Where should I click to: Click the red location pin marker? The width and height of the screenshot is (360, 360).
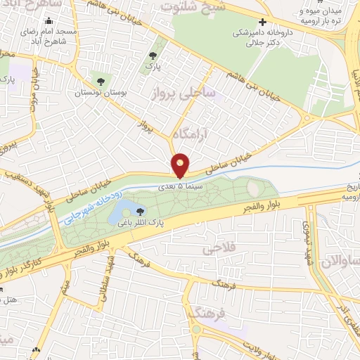181,165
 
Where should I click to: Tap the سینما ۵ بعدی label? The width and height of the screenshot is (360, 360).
185,185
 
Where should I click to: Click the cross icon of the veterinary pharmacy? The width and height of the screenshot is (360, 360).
262,22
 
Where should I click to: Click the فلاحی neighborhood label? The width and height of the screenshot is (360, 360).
217,249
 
